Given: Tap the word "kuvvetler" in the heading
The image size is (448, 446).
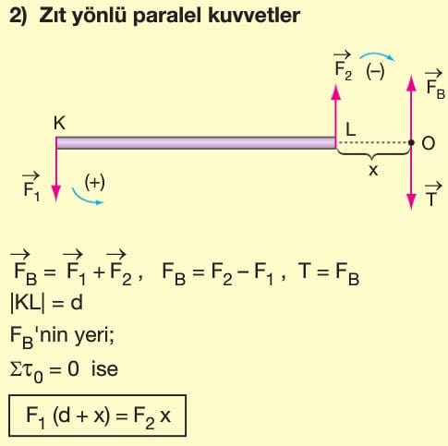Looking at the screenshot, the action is coord(254,15).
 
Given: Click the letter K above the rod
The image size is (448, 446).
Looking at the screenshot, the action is coord(59,123).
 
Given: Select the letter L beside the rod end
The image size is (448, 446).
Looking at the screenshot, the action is coord(351,129).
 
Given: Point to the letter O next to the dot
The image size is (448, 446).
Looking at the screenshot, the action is coord(428,143).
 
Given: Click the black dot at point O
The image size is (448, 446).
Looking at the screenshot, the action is coord(411,142).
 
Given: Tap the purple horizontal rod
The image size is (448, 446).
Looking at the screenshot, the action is coord(196,143).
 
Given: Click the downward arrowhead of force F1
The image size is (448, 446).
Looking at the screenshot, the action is coord(56,193).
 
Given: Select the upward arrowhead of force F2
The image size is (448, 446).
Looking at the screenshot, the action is coord(336,92).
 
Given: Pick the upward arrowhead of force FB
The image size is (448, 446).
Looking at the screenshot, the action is coord(411,83).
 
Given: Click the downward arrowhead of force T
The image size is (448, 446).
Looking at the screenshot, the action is coord(411,201).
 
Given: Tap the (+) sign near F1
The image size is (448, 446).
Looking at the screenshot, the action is coord(95,182).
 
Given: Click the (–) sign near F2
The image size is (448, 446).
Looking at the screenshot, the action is coord(375,72).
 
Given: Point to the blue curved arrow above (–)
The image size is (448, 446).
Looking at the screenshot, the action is coord(377,54).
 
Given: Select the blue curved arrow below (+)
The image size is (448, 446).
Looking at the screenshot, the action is coord(86,199).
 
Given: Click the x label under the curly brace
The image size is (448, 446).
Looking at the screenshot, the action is coord(373,170).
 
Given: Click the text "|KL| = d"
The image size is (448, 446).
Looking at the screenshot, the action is coord(46,303).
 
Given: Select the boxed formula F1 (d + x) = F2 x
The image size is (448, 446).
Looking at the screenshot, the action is coord(98,416).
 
